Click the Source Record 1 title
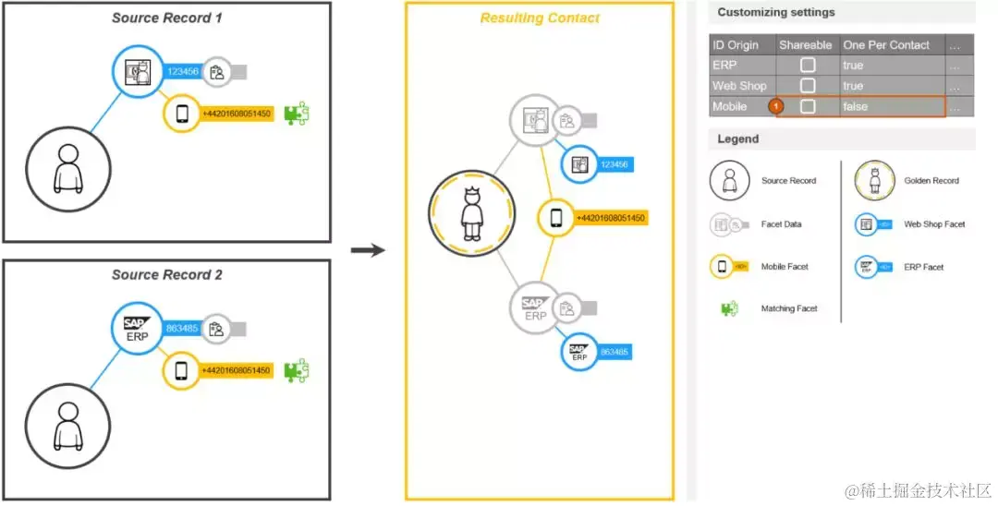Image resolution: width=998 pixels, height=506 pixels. click(x=167, y=18)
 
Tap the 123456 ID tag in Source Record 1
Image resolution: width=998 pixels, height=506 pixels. click(x=181, y=71)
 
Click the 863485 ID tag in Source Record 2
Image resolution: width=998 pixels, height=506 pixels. click(x=181, y=328)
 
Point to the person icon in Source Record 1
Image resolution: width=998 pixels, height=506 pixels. click(x=67, y=167)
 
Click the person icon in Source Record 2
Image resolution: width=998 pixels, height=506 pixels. click(x=67, y=424)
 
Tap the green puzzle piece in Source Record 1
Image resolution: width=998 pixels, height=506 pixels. click(x=297, y=114)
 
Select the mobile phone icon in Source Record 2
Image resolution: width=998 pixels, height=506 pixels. click(x=181, y=370)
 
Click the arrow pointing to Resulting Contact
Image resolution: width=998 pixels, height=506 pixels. click(x=368, y=249)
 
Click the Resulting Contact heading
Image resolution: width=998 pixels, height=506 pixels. click(x=540, y=18)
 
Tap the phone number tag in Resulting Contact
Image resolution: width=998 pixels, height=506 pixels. click(x=611, y=218)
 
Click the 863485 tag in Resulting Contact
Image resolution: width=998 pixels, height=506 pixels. click(x=614, y=352)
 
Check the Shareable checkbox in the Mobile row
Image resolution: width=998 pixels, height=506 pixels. click(x=808, y=107)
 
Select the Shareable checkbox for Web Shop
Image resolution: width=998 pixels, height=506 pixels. click(x=808, y=86)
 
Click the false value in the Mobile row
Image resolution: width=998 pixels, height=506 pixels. click(x=855, y=107)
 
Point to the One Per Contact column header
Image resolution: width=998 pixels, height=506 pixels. click(x=886, y=44)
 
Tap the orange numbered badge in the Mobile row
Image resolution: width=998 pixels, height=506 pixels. click(x=777, y=107)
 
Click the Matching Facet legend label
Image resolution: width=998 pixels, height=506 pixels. click(x=789, y=308)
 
